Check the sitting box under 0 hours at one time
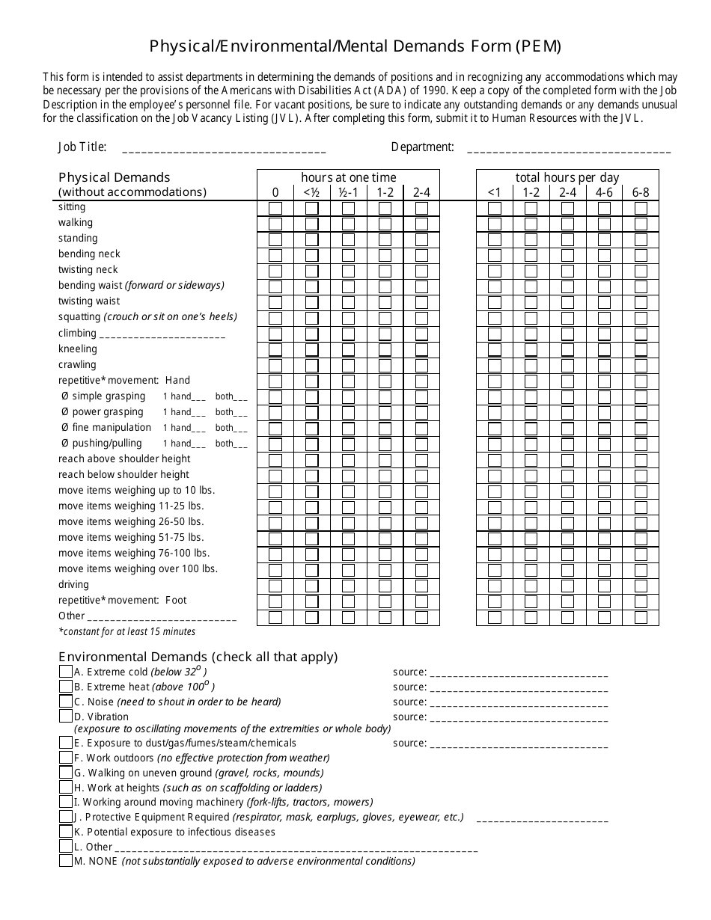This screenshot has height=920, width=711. point(275,208)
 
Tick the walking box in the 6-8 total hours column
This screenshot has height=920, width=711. point(641,224)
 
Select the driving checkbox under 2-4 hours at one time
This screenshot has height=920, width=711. point(421,586)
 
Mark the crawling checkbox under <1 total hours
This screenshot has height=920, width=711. point(495,366)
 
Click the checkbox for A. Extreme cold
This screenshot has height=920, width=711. point(66,672)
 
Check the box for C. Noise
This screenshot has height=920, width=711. point(66,702)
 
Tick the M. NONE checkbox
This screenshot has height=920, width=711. point(66,861)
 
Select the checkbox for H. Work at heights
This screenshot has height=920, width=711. point(66,788)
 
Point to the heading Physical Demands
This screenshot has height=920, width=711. point(115,177)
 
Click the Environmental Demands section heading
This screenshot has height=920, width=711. point(198,657)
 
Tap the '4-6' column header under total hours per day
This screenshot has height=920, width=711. point(604,192)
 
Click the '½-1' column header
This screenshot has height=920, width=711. point(348,192)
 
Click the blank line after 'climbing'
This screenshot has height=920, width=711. point(162,334)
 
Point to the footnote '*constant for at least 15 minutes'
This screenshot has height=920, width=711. point(126,632)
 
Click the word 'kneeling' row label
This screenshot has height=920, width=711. point(78,349)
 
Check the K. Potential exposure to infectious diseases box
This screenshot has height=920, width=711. point(66,832)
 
